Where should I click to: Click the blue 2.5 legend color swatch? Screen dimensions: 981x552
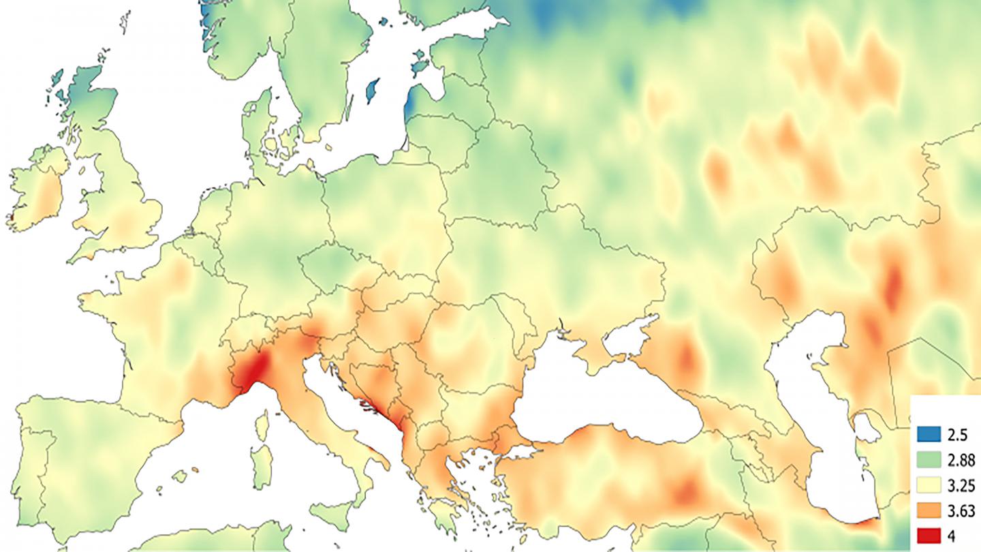coord(929,434)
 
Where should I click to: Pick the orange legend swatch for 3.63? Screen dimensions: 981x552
coord(929,510)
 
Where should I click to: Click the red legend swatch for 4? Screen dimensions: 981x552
coord(929,536)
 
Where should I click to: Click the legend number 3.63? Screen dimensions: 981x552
coord(959,510)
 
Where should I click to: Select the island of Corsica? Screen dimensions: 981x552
coord(262,425)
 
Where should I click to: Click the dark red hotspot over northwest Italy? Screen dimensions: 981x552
coord(253,371)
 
